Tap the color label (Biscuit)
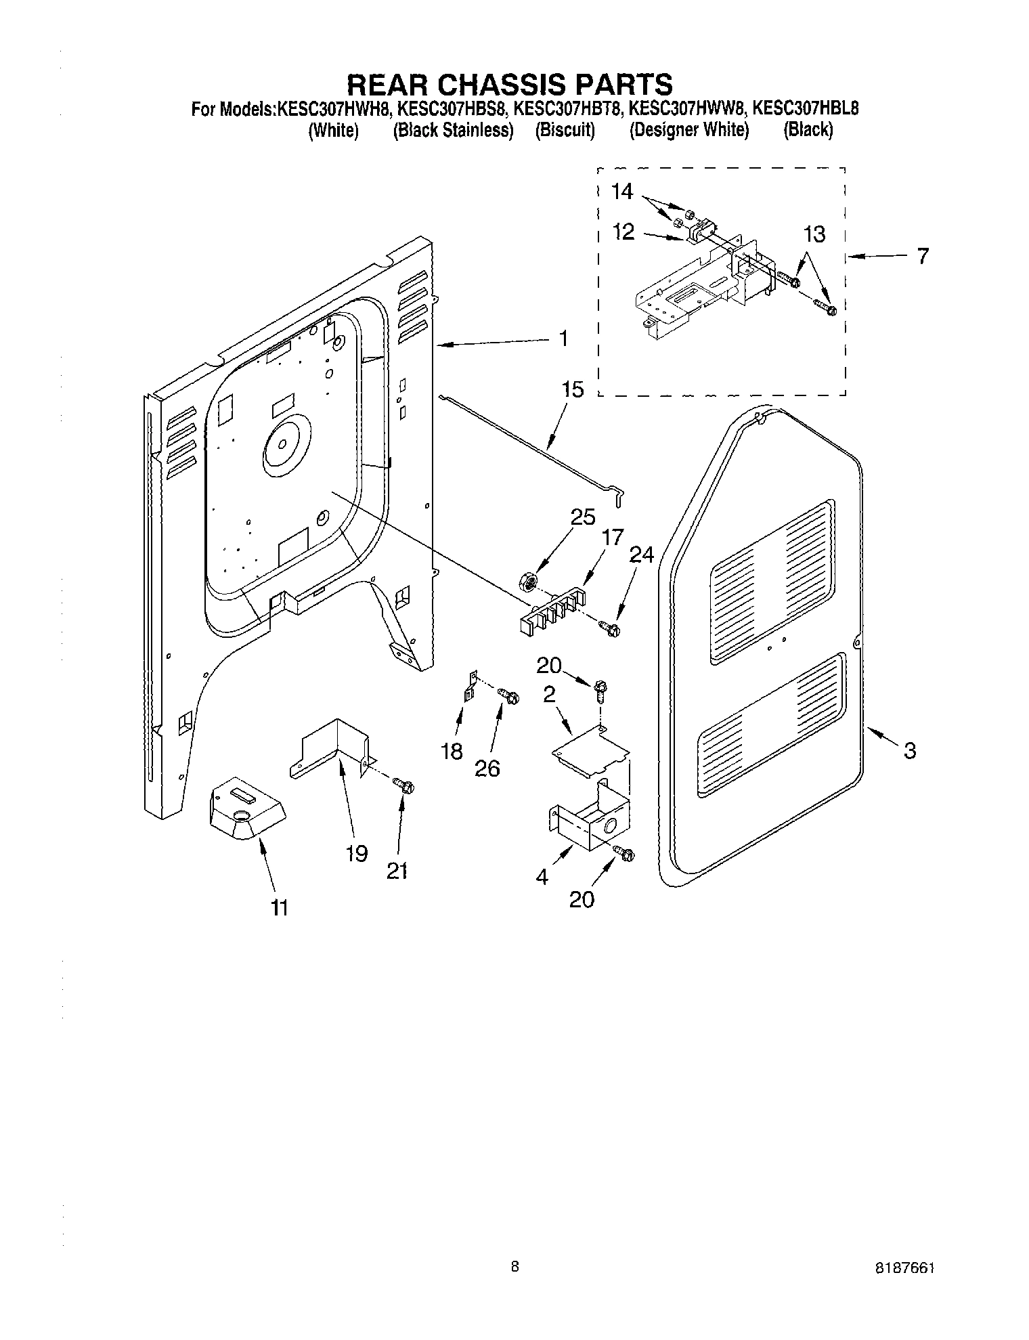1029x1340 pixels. click(565, 130)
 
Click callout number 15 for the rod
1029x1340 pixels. click(572, 390)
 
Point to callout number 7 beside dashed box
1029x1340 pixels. click(923, 256)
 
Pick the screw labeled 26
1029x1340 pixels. click(509, 695)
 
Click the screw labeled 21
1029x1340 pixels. click(406, 786)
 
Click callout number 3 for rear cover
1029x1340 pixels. click(910, 750)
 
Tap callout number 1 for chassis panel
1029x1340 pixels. click(564, 339)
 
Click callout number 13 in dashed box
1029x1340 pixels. click(815, 234)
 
